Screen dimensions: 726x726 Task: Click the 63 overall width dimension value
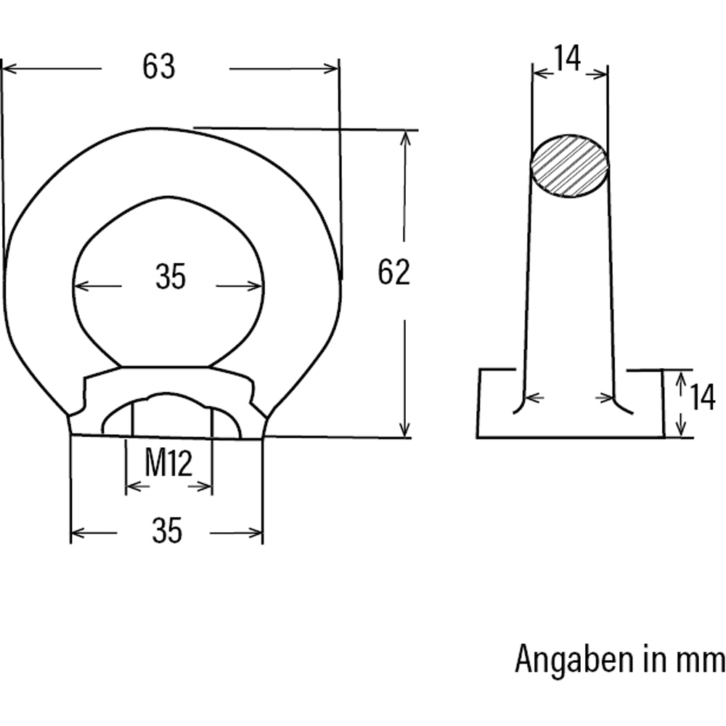(x=159, y=68)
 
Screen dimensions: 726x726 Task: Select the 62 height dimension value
(x=394, y=272)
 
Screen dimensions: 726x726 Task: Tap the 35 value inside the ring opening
(x=171, y=277)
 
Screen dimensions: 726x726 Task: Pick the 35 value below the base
(x=166, y=532)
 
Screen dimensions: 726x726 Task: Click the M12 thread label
(x=168, y=463)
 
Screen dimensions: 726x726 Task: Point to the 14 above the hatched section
(x=568, y=59)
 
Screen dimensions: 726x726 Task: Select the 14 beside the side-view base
(x=702, y=399)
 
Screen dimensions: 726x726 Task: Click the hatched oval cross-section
(x=570, y=166)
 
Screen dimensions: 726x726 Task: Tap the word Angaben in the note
(x=574, y=660)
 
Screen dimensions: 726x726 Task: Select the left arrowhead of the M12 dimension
(x=131, y=486)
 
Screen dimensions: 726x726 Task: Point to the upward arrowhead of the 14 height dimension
(x=681, y=378)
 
